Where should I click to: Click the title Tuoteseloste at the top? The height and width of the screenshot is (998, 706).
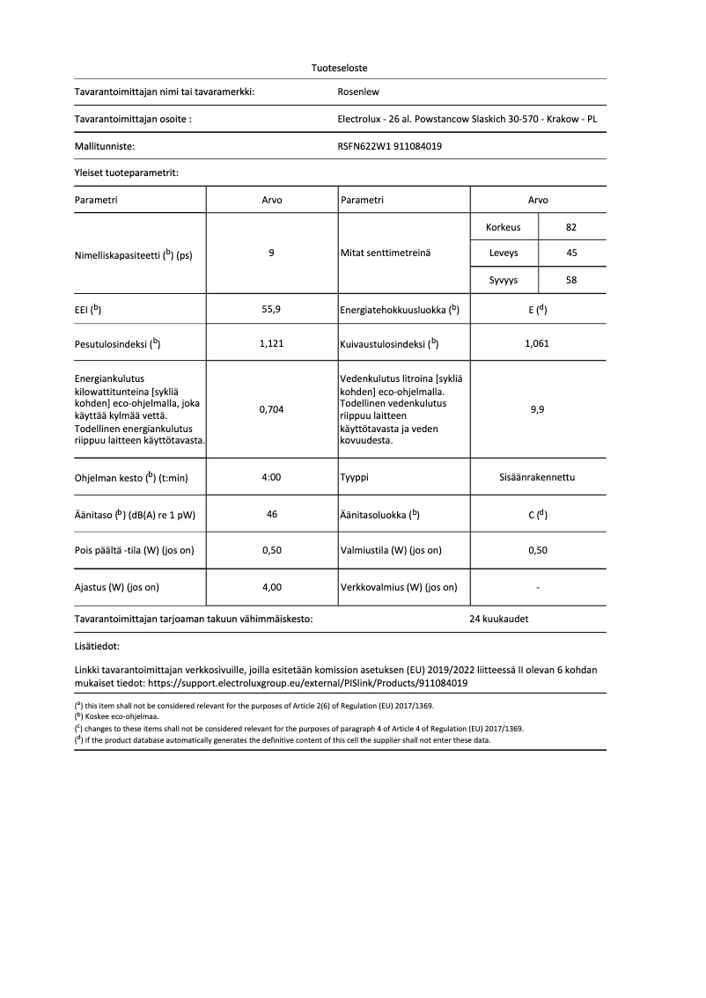[x=340, y=68]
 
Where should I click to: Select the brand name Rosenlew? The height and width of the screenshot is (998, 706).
[x=358, y=92]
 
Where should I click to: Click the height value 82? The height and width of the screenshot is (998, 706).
[x=571, y=227]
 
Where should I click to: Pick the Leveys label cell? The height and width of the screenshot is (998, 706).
[x=504, y=253]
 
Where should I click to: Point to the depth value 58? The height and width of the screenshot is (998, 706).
[x=571, y=280]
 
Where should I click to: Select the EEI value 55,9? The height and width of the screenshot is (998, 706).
[x=272, y=310]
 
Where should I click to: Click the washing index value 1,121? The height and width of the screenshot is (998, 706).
[x=272, y=343]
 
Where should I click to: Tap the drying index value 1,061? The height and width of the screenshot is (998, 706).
[x=537, y=343]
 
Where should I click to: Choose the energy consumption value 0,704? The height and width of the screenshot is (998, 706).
[x=272, y=409]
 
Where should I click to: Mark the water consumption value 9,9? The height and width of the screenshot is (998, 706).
[x=537, y=409]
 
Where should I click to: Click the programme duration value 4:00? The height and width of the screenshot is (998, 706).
[x=272, y=477]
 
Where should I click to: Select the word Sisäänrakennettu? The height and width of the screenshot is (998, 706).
[x=537, y=477]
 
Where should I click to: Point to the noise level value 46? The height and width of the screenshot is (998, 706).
[x=272, y=514]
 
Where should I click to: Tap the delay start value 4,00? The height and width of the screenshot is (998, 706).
[x=272, y=586]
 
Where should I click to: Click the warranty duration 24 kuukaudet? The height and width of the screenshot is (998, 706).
[x=499, y=619]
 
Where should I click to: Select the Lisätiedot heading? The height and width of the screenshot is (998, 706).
[x=97, y=646]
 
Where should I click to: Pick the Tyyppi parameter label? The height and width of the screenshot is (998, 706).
[x=355, y=477]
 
